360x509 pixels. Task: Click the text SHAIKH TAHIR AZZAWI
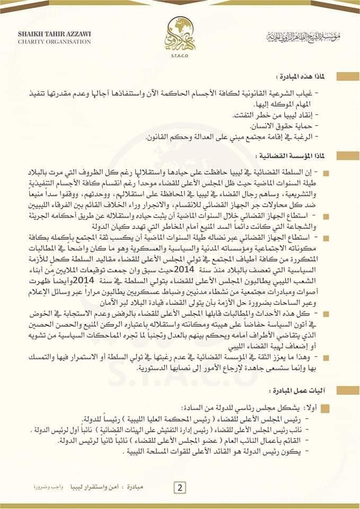click(x=46, y=33)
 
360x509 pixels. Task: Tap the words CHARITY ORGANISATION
click(x=47, y=41)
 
